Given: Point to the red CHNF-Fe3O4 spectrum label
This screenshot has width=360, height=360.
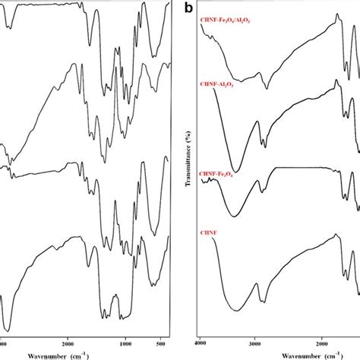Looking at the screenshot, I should pos(215,175).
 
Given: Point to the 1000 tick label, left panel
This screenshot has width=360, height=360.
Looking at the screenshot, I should pos(127,343).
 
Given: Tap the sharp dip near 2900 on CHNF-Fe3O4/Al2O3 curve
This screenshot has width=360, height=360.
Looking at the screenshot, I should pos(267,88).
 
